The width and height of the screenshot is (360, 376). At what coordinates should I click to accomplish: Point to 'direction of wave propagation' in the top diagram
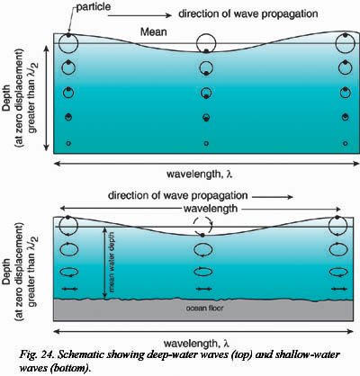point(247,14)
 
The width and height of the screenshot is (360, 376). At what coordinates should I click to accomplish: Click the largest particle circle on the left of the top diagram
point(68,43)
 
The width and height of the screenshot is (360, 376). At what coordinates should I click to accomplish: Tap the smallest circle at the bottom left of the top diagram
point(68,144)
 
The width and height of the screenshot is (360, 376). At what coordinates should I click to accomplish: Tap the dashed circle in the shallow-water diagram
point(206,226)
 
